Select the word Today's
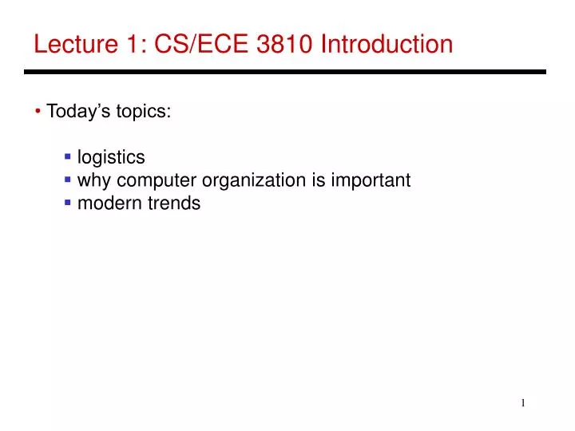tap(74, 111)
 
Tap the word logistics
tap(111, 157)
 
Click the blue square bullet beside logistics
tap(69, 156)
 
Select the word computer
tap(153, 180)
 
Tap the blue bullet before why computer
tap(69, 180)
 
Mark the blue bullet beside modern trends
tap(69, 203)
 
